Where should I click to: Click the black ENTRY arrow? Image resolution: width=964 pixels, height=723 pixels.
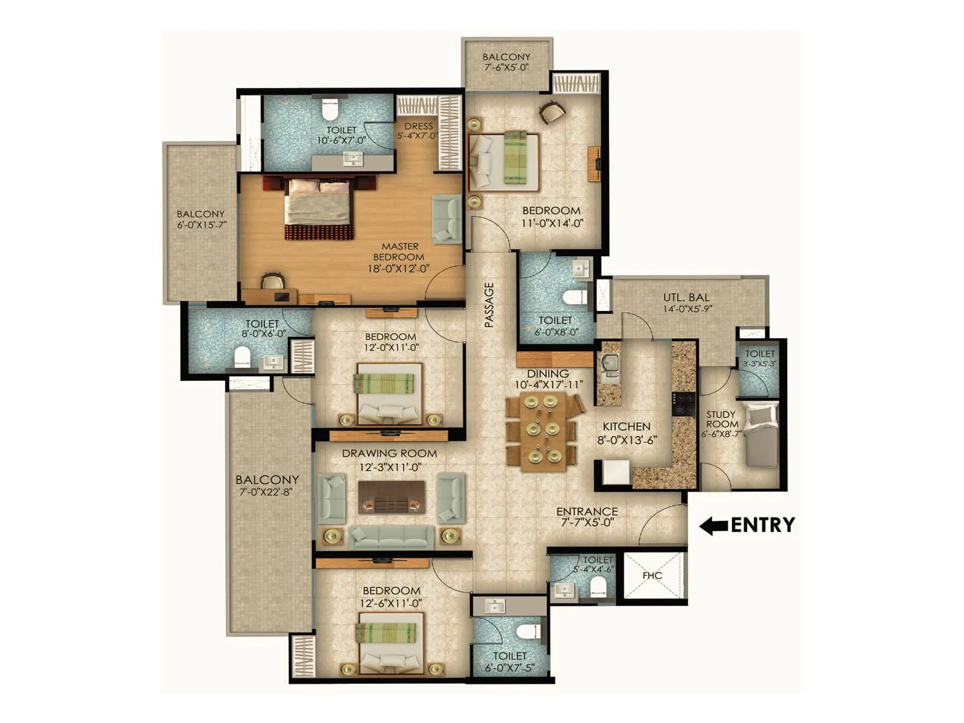[x=714, y=525]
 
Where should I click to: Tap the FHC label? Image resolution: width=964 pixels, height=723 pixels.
[x=652, y=575]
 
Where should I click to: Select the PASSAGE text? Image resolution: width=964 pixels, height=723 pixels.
[x=489, y=305]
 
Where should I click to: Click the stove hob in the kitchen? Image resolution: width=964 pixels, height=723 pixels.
[x=684, y=404]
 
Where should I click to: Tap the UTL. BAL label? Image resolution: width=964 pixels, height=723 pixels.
[x=686, y=297]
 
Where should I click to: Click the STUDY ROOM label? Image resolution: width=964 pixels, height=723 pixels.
[x=721, y=419]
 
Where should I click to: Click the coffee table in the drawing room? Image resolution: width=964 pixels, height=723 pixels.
[x=392, y=498]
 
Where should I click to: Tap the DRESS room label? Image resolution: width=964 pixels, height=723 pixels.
[x=418, y=126]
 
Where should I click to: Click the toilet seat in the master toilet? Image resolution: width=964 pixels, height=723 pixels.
[x=329, y=110]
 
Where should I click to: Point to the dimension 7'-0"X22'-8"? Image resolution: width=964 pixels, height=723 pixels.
[x=267, y=493]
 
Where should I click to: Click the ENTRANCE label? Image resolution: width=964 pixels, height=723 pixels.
[x=587, y=512]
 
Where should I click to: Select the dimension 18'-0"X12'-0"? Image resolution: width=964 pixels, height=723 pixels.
[x=398, y=268]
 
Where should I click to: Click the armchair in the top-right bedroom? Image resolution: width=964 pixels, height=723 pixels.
[x=552, y=111]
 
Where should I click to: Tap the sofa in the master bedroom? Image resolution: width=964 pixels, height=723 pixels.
[x=446, y=219]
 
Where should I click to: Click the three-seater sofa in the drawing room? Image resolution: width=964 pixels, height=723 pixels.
[x=392, y=536]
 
